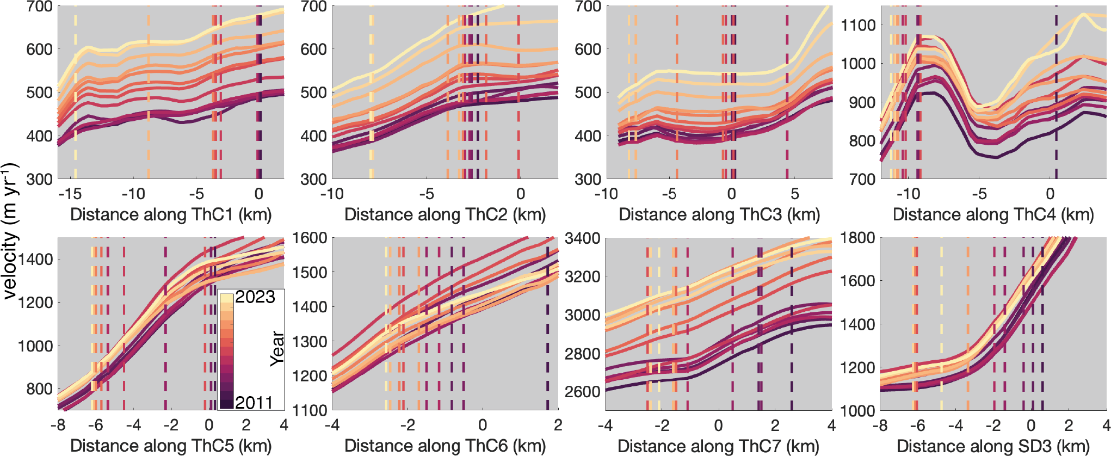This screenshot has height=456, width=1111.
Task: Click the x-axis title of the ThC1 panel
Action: point(171,214)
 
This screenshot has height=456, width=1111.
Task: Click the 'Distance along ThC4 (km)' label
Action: point(993,214)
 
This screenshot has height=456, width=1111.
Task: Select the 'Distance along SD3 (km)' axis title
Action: point(993,446)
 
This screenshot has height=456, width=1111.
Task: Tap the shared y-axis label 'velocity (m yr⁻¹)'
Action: point(11,231)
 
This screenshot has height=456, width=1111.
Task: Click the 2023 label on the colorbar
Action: point(255,297)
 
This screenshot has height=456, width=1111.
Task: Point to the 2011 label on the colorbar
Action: point(254,402)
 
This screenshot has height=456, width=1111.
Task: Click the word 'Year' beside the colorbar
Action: point(277,348)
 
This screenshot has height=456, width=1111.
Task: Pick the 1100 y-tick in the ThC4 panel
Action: point(858,25)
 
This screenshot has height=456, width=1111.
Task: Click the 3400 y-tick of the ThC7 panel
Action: point(583,238)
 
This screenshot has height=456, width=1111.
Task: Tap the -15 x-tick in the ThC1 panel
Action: point(70,194)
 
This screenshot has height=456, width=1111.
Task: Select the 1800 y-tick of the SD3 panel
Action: point(858,238)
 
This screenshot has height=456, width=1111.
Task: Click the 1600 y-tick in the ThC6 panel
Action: point(310,238)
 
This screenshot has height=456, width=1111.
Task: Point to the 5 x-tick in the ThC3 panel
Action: point(795,194)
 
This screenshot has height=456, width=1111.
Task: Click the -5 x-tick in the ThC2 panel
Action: point(426,194)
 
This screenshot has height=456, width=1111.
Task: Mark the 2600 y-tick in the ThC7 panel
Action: point(583,392)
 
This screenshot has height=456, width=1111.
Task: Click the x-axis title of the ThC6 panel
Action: point(445,446)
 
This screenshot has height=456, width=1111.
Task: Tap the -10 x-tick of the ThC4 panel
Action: point(908,194)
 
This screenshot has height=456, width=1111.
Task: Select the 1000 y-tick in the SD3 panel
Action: point(858,411)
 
